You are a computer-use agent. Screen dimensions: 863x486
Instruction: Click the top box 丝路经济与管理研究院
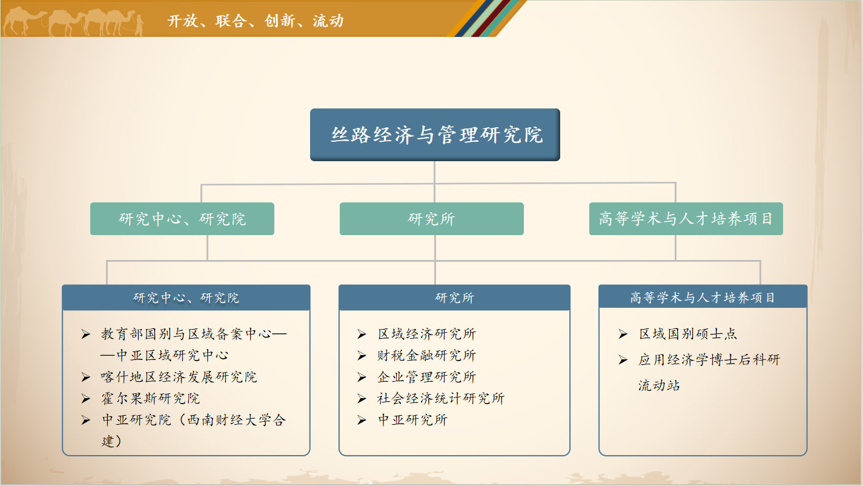pyautogui.click(x=435, y=135)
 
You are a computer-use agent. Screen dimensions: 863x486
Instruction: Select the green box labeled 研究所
pyautogui.click(x=431, y=219)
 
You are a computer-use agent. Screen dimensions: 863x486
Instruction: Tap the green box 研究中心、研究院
pyautogui.click(x=182, y=219)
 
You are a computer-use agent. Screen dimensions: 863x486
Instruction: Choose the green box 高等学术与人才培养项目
pyautogui.click(x=686, y=219)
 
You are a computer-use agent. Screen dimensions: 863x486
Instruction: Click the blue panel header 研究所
pyautogui.click(x=454, y=298)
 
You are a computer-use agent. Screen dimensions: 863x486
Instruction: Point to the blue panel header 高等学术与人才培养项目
pyautogui.click(x=703, y=297)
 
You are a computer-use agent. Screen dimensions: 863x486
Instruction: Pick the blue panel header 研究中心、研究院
pyautogui.click(x=186, y=298)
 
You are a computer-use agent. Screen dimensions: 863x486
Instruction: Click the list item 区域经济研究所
pyautogui.click(x=427, y=334)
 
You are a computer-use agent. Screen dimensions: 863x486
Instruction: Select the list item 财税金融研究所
pyautogui.click(x=427, y=355)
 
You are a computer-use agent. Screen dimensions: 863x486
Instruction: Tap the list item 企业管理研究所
pyautogui.click(x=427, y=377)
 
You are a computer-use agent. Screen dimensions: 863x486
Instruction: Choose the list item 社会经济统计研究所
pyautogui.click(x=441, y=399)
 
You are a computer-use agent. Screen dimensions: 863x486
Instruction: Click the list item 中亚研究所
pyautogui.click(x=412, y=420)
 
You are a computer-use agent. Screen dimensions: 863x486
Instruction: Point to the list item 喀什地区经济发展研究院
pyautogui.click(x=179, y=377)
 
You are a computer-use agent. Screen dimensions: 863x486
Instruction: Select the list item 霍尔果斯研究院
pyautogui.click(x=151, y=399)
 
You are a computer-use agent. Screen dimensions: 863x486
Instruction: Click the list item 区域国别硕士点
pyautogui.click(x=688, y=334)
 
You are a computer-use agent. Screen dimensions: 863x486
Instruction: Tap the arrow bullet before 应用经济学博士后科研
pyautogui.click(x=623, y=360)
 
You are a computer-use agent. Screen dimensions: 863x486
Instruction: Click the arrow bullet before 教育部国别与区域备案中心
pyautogui.click(x=85, y=334)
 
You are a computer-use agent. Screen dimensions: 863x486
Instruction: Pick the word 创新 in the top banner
pyautogui.click(x=280, y=21)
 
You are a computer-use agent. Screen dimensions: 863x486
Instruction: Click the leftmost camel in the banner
pyautogui.click(x=24, y=21)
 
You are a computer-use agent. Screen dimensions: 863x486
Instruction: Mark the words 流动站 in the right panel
pyautogui.click(x=659, y=385)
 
